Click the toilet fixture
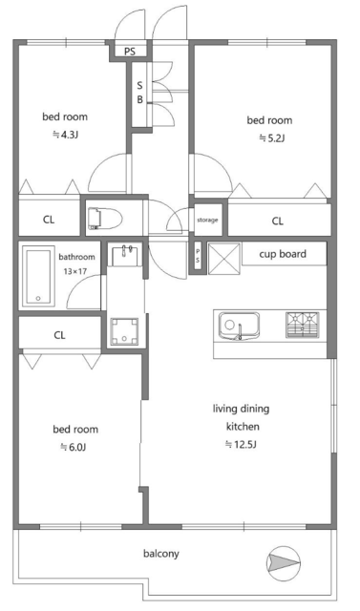[x=105, y=219]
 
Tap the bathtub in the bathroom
[x=38, y=276]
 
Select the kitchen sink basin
[x=240, y=326]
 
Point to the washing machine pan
[x=124, y=331]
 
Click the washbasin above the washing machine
[x=124, y=255]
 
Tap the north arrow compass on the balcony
[x=283, y=561]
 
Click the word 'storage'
[x=207, y=221]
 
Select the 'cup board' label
[x=283, y=254]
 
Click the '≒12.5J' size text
[x=241, y=444]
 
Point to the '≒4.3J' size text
[x=66, y=135]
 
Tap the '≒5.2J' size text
[x=272, y=137]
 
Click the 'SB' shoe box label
[x=139, y=93]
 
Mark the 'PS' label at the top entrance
[x=130, y=51]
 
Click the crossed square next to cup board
[x=224, y=259]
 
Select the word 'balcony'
[x=161, y=554]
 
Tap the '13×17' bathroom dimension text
[x=75, y=271]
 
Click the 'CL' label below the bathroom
[x=59, y=335]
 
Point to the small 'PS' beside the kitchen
[x=198, y=255]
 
